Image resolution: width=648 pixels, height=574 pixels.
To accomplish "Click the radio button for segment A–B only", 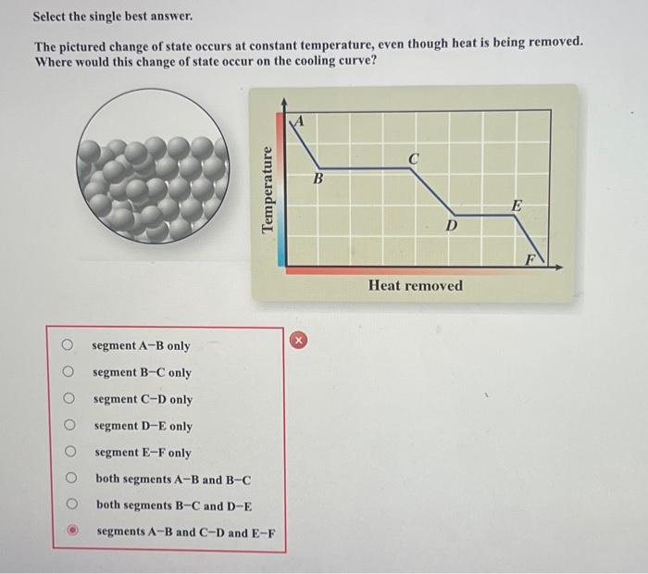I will pos(68,345).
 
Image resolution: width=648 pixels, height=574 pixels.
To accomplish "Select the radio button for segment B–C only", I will pos(68,372).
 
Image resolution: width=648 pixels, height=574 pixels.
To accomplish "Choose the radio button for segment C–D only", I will pos(68,399).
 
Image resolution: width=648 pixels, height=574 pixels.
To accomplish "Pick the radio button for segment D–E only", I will pos(68,426).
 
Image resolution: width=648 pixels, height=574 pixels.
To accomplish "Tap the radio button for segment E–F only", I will pos(68,453).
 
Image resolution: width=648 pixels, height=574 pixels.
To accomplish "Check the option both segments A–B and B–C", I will pos(68,480).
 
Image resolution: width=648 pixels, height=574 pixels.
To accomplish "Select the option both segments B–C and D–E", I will pos(68,505).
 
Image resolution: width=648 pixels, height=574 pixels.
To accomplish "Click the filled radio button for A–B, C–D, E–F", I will pos(69,532).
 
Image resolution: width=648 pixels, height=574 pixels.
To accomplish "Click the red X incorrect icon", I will pos(298,340).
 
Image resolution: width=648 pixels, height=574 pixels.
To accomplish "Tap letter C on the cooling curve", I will pos(414,158).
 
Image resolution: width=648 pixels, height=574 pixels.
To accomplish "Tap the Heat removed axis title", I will pos(415,285).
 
